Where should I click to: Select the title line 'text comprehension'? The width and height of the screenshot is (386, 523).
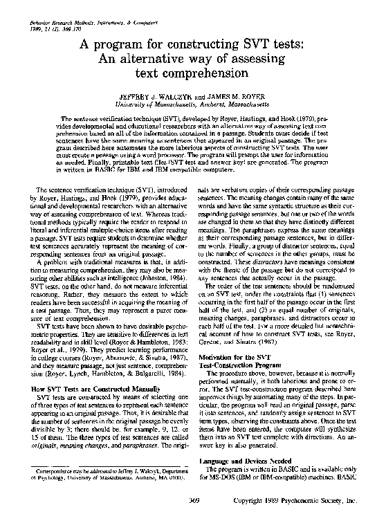(193, 72)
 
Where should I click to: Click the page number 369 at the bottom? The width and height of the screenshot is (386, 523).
(193, 500)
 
